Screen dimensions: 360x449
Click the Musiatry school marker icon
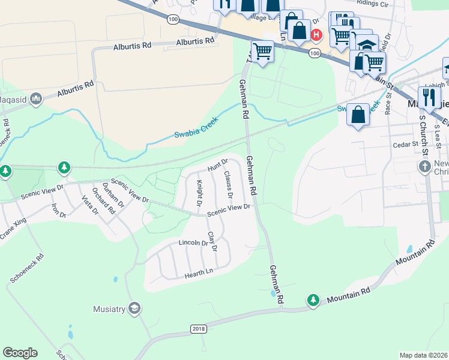click(134, 308)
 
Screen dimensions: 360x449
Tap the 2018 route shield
click(198, 329)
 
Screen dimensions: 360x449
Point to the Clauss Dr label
click(228, 185)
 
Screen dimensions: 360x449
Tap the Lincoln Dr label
click(193, 243)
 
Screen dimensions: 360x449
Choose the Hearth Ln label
click(199, 272)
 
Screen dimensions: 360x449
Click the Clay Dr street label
click(211, 241)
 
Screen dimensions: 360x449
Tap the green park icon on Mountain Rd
click(312, 299)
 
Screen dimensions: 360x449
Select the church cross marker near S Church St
click(424, 166)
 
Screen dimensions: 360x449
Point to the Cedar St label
click(405, 145)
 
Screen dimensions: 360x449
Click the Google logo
click(20, 353)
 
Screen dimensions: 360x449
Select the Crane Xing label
click(14, 232)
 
